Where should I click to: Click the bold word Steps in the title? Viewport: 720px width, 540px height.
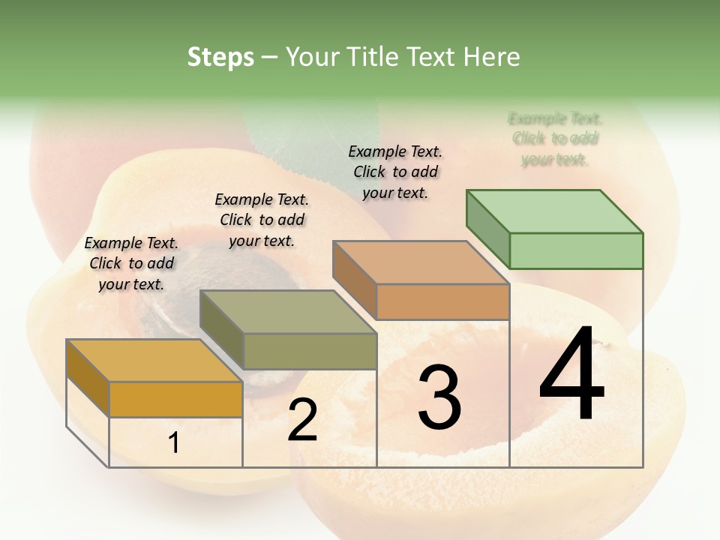click(220, 57)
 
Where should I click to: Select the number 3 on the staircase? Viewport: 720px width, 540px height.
click(439, 397)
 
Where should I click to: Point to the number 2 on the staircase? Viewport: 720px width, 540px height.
click(303, 420)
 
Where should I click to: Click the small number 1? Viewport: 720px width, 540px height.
click(174, 442)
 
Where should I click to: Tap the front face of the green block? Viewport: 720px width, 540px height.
click(576, 250)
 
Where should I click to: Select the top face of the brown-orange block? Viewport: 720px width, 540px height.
click(420, 262)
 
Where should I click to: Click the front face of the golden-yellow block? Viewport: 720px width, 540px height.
click(175, 399)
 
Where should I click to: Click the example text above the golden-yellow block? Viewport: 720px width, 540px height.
click(131, 263)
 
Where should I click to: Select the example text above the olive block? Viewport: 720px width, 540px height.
click(262, 220)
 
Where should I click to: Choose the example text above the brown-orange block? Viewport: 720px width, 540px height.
click(395, 172)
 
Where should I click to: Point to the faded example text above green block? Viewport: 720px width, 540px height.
click(555, 139)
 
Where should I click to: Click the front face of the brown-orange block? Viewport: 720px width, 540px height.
click(442, 301)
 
